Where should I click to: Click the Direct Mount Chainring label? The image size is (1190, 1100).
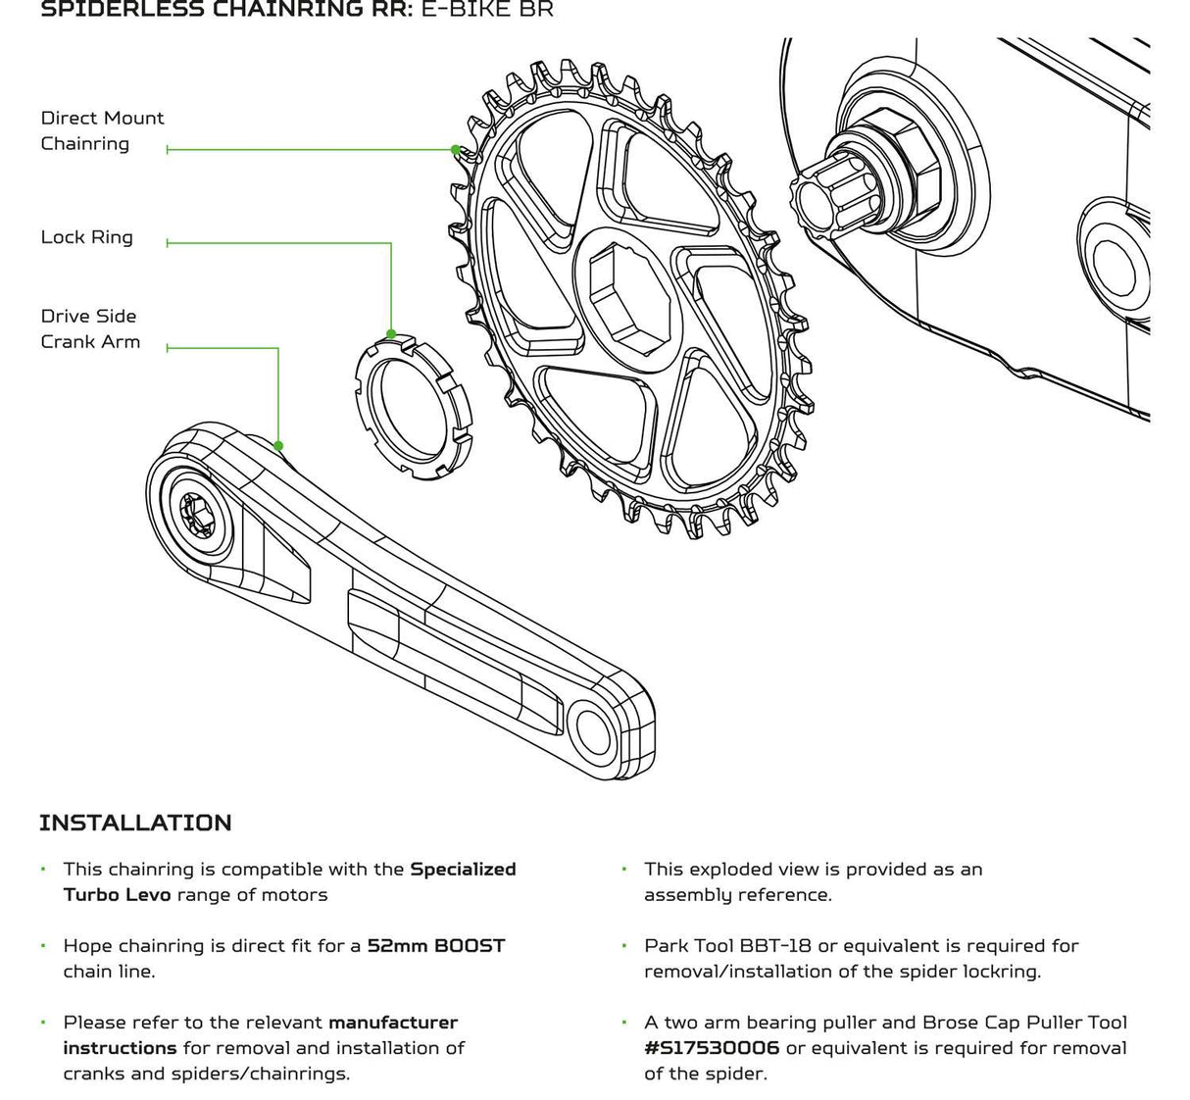[102, 130]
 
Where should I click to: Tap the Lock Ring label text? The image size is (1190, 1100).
[86, 237]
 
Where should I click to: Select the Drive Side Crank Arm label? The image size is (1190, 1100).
[90, 328]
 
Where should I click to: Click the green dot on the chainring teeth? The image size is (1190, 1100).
[455, 150]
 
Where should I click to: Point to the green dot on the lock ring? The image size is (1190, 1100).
[391, 334]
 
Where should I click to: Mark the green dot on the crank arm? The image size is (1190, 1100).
[278, 446]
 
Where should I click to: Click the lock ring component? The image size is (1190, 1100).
[411, 406]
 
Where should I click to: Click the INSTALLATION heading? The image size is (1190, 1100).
[135, 823]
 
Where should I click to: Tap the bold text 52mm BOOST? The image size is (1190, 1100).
[436, 946]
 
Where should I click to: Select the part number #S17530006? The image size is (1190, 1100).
[712, 1048]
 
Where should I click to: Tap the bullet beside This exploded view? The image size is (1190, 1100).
[623, 870]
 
